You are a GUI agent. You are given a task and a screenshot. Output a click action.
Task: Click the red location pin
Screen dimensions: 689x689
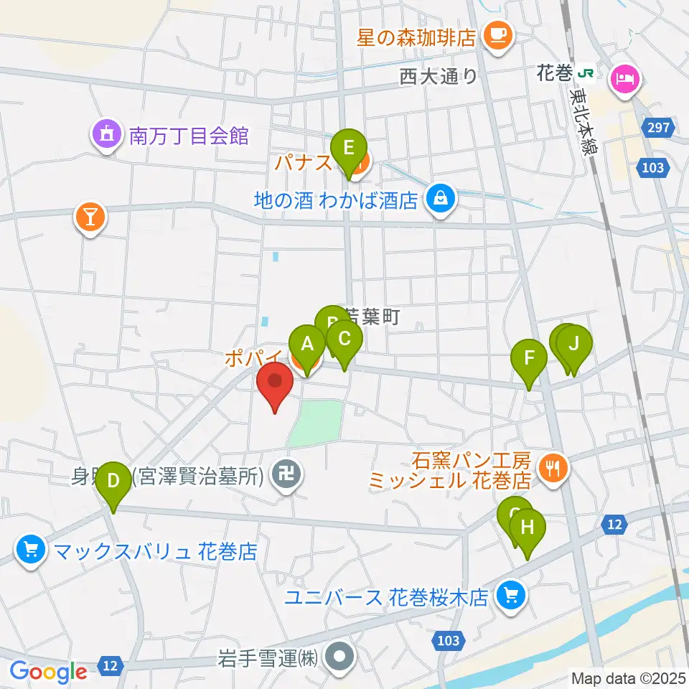coord(276,380)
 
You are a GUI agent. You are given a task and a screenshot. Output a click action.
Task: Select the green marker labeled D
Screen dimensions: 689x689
coord(113,481)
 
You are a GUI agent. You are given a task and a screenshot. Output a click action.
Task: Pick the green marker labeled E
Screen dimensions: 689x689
coord(349,148)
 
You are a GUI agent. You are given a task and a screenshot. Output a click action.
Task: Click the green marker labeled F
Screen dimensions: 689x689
coord(530,357)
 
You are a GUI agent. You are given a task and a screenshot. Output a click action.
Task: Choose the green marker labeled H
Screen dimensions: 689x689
coord(528,528)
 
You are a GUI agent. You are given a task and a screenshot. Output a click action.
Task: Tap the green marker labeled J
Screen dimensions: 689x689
coord(573,343)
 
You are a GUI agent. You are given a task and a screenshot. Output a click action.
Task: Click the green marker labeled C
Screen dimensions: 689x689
coord(344,338)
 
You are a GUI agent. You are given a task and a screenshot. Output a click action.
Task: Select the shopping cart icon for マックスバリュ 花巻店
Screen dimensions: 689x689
coord(30,551)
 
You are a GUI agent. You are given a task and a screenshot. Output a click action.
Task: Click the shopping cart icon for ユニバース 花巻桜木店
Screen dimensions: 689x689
coord(511,595)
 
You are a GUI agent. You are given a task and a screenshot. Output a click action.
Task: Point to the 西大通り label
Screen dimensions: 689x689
coord(439,76)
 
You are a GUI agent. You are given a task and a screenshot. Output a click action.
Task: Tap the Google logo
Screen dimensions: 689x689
coord(48,671)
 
